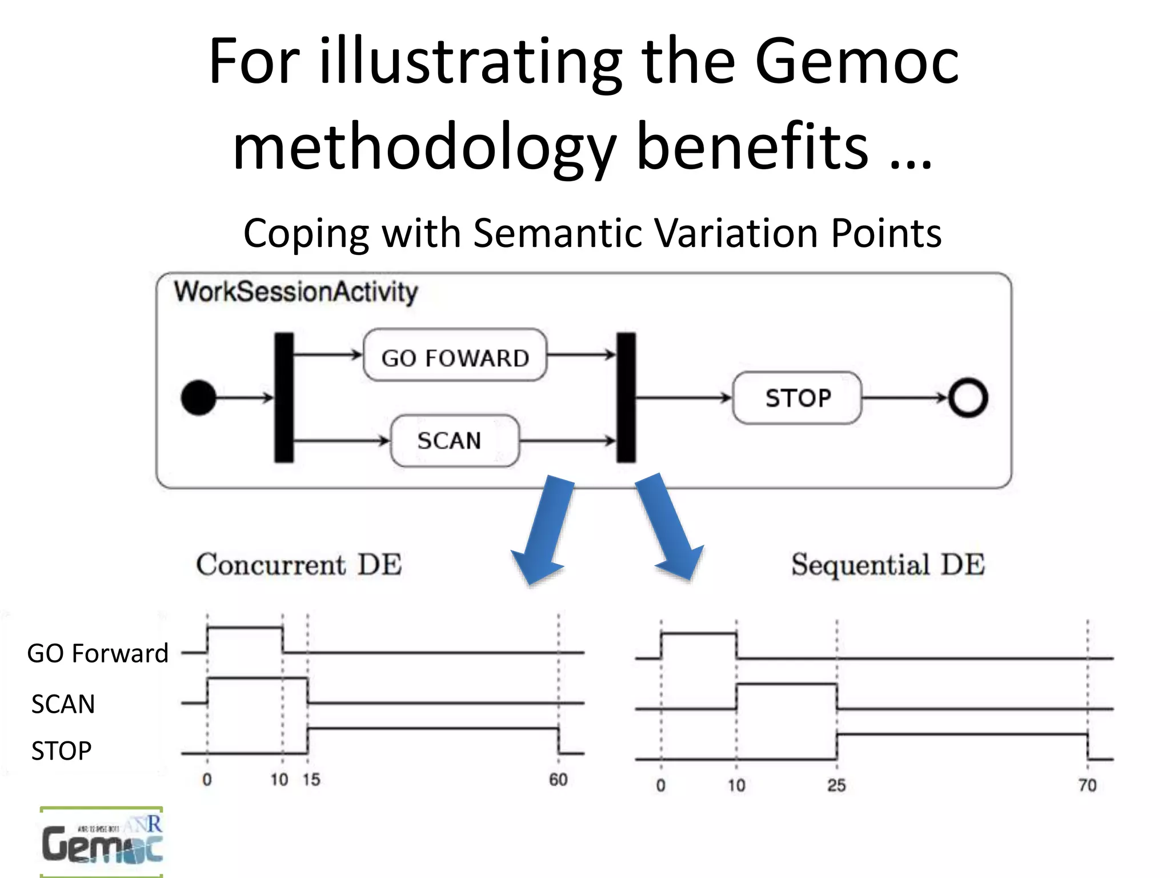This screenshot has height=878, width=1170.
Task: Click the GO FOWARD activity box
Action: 455,356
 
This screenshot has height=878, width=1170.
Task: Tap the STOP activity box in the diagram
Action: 797,398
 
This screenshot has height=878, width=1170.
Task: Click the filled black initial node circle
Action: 198,398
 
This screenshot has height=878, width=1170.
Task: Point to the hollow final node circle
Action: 968,398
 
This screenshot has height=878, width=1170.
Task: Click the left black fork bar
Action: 284,397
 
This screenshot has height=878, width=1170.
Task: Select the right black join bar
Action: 626,397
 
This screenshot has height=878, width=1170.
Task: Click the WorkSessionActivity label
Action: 296,292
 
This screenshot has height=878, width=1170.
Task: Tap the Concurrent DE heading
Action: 299,565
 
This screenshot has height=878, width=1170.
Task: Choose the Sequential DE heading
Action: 888,565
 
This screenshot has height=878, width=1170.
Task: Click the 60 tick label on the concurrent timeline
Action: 558,780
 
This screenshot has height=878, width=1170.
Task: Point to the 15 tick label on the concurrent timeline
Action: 311,780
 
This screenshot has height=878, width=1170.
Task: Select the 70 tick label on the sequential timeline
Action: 1088,785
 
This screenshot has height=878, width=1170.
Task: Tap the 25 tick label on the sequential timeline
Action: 836,785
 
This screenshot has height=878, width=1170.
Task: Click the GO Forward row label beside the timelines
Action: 98,653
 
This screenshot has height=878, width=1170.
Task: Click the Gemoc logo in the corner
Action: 102,842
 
